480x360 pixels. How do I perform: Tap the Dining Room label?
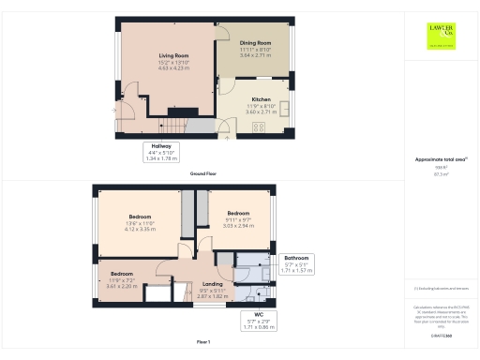click(255, 42)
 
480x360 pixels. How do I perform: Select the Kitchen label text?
click(261, 99)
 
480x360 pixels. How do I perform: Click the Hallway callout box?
click(162, 152)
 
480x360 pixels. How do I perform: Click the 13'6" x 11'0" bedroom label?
click(140, 221)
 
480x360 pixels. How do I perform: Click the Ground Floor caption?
click(203, 174)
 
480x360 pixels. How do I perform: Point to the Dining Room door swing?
click(225, 86)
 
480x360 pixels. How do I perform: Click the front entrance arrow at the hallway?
click(117, 111)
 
